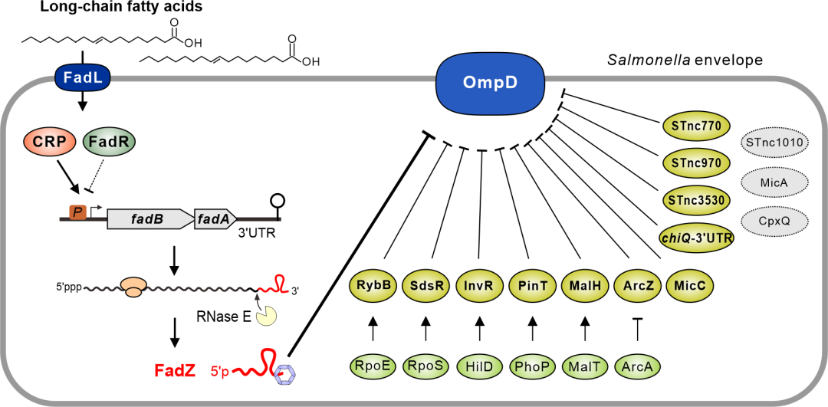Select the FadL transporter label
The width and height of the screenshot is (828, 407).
(x=77, y=76)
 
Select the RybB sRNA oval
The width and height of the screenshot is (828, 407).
(x=372, y=285)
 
